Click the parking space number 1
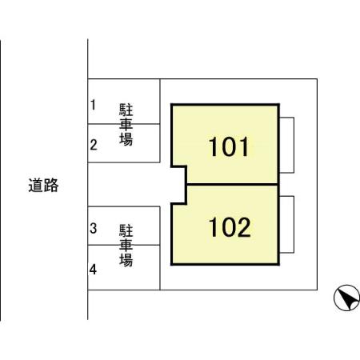(x=93, y=105)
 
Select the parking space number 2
(x=94, y=145)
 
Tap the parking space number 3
(x=94, y=229)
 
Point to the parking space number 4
(x=94, y=270)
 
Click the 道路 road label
(x=43, y=186)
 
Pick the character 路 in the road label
(x=51, y=186)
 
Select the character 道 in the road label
(x=35, y=186)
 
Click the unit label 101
(x=230, y=147)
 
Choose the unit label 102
(x=230, y=228)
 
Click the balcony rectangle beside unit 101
(x=287, y=144)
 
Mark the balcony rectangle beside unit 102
(x=287, y=223)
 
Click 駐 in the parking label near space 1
(x=126, y=109)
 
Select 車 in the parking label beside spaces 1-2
(x=126, y=125)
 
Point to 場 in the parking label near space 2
(x=126, y=140)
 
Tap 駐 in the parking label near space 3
(x=126, y=230)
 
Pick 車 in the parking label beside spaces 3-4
(x=126, y=245)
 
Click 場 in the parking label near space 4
(x=126, y=260)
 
